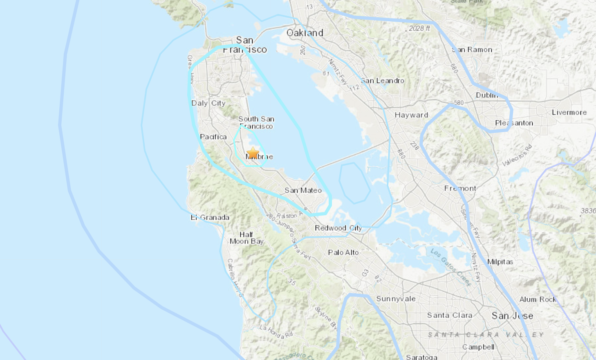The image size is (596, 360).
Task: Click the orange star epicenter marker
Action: tap(253, 153)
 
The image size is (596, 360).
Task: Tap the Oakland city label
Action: tap(305, 33)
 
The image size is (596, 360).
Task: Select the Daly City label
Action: tap(208, 103)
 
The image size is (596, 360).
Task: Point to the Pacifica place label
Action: tap(213, 137)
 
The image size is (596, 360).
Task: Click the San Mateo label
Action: tap(303, 190)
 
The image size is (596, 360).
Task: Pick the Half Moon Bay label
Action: tap(246, 238)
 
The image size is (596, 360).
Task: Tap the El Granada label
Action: tap(210, 217)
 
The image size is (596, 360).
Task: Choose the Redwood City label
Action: tap(338, 228)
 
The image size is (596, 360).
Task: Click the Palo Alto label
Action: tap(343, 252)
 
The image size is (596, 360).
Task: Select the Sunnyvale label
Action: tap(396, 299)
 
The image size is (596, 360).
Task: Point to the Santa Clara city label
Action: tap(450, 315)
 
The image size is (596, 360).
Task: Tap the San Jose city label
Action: tap(512, 315)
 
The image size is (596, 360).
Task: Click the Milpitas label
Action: tap(500, 261)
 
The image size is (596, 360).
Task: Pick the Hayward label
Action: tap(411, 115)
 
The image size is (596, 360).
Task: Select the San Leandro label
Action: tap(382, 81)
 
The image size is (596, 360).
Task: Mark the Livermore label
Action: tap(569, 112)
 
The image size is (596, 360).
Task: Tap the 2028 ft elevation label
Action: tap(419, 28)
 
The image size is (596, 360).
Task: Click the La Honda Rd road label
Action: tap(276, 332)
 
